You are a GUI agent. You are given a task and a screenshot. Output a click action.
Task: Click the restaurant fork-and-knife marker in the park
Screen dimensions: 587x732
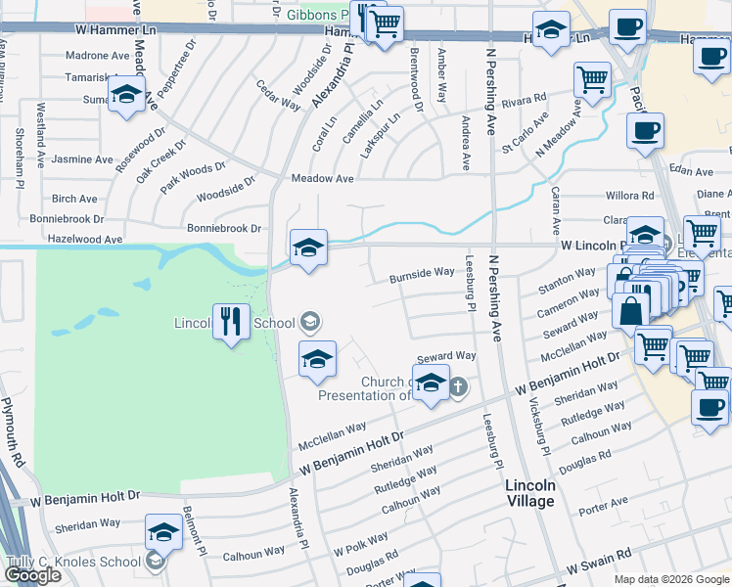click(x=231, y=321)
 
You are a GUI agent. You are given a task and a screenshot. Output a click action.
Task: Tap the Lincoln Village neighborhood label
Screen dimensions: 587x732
click(x=530, y=493)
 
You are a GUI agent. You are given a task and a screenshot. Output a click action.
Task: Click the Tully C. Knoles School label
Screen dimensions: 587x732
click(x=73, y=562)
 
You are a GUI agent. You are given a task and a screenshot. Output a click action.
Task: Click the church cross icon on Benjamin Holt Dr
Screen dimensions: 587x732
click(x=456, y=387)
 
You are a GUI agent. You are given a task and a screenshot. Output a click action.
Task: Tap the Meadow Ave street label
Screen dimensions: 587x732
click(x=322, y=178)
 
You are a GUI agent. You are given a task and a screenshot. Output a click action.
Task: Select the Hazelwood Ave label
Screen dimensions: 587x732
click(x=85, y=238)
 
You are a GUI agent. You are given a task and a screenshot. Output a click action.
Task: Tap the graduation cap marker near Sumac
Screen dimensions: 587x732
click(x=125, y=96)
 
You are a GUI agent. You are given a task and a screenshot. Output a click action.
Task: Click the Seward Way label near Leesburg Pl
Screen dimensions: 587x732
click(x=446, y=356)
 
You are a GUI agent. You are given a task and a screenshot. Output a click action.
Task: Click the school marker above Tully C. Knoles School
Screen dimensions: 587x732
click(x=163, y=534)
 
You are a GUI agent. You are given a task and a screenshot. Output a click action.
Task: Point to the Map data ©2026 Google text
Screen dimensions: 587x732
click(x=671, y=579)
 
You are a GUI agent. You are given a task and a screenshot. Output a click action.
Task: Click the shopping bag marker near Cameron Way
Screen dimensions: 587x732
click(x=631, y=311)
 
